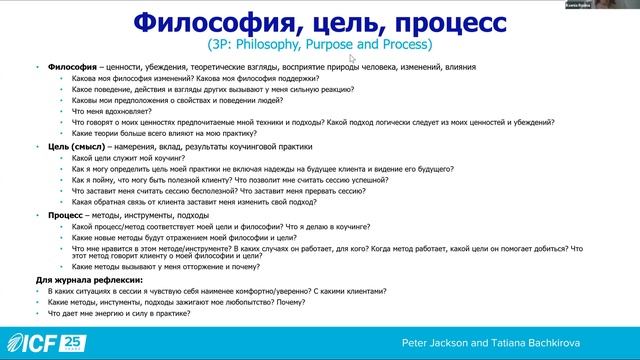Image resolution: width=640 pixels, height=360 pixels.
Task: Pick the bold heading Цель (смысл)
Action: click(77, 146)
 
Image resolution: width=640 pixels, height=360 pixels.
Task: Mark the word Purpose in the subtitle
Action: click(345, 45)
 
